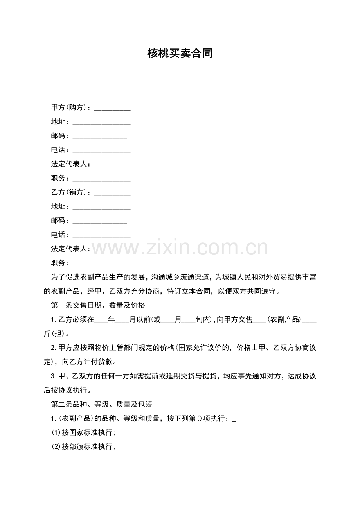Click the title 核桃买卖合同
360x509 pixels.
pos(180,54)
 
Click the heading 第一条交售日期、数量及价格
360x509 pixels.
pos(98,305)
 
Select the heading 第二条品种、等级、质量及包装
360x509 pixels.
pos(101,404)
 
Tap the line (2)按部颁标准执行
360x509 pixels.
pos(83,446)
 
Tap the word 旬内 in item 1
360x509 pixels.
pos(203,319)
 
